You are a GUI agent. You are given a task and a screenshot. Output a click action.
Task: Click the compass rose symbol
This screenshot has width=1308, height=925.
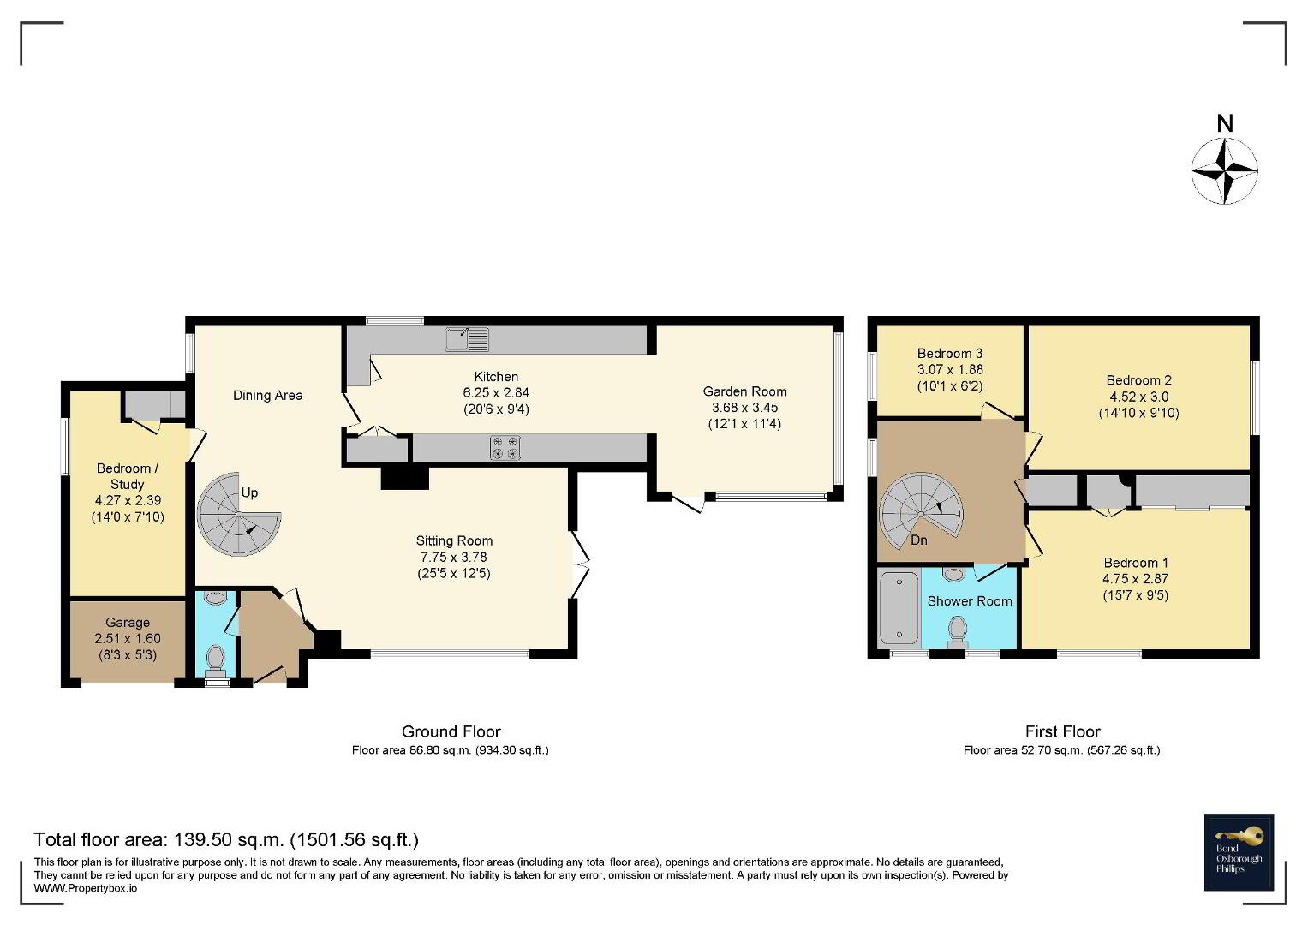[1225, 171]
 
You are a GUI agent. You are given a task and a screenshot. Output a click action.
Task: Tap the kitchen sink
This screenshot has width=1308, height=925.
[467, 339]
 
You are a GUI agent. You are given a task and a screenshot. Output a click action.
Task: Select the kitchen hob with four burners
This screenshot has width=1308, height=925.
[505, 448]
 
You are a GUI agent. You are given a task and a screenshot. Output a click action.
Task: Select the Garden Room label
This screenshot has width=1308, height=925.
[744, 391]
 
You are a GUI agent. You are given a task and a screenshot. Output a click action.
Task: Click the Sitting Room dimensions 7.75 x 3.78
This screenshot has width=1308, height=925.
[454, 557]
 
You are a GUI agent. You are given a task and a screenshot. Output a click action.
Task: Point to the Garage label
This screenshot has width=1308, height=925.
[128, 623]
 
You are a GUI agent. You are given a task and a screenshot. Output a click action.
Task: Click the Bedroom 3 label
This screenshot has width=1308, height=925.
[949, 353]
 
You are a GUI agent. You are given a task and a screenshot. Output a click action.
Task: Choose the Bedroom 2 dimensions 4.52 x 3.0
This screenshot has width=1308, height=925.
[1138, 397]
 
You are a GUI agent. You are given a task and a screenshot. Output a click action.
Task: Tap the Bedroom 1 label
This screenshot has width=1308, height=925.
[1136, 563]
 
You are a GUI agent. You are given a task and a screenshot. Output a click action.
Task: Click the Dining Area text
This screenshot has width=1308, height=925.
[268, 396]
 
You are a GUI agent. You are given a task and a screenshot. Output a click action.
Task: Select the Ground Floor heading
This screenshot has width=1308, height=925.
[451, 731]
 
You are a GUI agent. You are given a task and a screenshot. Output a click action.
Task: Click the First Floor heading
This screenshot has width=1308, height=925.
[1063, 731]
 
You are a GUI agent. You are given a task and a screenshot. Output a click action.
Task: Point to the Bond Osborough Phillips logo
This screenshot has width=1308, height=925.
[1239, 852]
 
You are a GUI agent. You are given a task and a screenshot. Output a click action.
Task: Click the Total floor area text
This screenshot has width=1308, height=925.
[226, 839]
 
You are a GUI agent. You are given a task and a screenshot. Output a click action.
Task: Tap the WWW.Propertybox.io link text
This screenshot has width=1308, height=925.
[86, 888]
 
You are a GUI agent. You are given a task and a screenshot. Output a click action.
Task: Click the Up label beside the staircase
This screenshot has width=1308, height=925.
[249, 492]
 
